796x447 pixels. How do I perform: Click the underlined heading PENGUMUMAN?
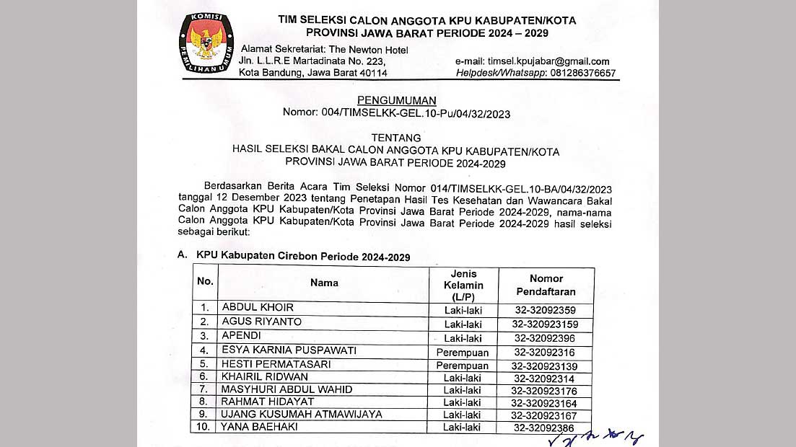pos(397,100)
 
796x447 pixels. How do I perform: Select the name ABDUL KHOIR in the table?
pos(258,308)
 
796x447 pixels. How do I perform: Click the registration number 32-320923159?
pos(546,324)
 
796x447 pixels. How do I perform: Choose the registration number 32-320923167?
pos(545,415)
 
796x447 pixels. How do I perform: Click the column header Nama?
pos(324,283)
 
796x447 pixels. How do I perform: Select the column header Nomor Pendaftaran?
pos(546,284)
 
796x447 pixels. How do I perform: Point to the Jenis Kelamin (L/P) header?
pos(463,285)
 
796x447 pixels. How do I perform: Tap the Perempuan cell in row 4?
pos(463,353)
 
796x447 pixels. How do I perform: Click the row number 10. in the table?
pos(206,427)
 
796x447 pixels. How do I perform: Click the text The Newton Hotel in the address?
pos(368,50)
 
